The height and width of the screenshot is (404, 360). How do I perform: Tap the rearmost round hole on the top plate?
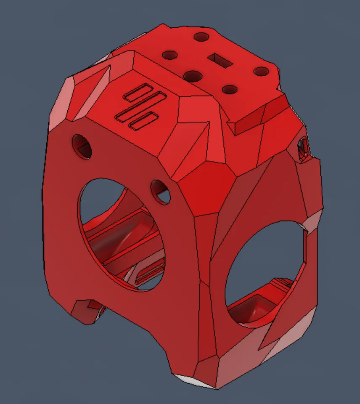click(x=201, y=37)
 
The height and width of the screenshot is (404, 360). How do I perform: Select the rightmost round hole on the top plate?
click(x=262, y=72)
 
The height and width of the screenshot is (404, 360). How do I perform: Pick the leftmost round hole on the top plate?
click(x=170, y=55)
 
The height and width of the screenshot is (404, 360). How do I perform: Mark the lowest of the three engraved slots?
click(x=143, y=120)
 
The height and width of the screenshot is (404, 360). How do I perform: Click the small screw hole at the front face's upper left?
click(x=82, y=146)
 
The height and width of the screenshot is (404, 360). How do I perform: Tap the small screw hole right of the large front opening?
click(x=160, y=192)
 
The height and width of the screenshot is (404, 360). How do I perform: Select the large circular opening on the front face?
click(x=122, y=234)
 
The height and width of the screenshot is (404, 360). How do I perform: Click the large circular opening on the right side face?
click(x=265, y=274)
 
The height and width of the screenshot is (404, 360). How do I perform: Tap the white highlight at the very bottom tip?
click(x=189, y=380)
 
